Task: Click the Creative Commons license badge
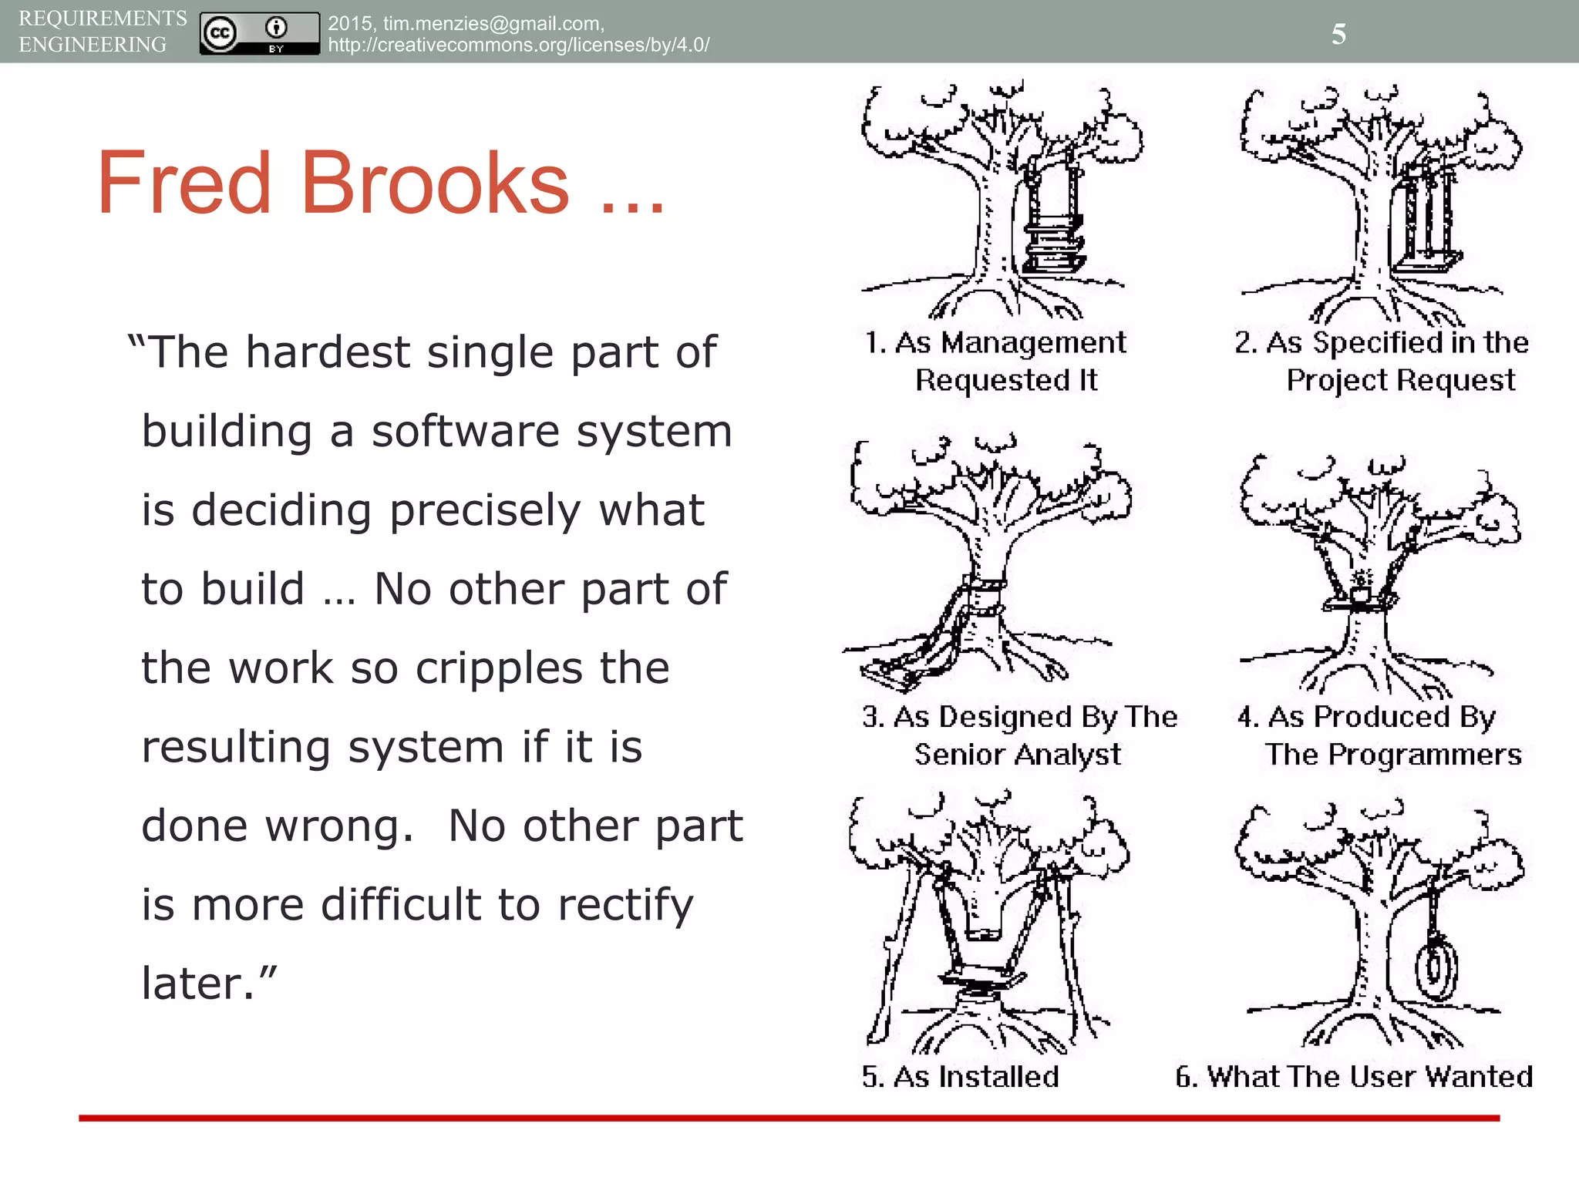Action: [x=259, y=33]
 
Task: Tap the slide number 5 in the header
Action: [x=1338, y=34]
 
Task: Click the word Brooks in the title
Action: [x=435, y=183]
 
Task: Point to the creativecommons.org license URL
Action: [x=518, y=45]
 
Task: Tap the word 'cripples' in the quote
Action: [x=499, y=668]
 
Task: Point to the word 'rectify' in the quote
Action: [x=625, y=905]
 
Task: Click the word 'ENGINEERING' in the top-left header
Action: [x=93, y=45]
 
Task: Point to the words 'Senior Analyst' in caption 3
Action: [x=1018, y=755]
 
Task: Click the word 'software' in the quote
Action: [x=466, y=431]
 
